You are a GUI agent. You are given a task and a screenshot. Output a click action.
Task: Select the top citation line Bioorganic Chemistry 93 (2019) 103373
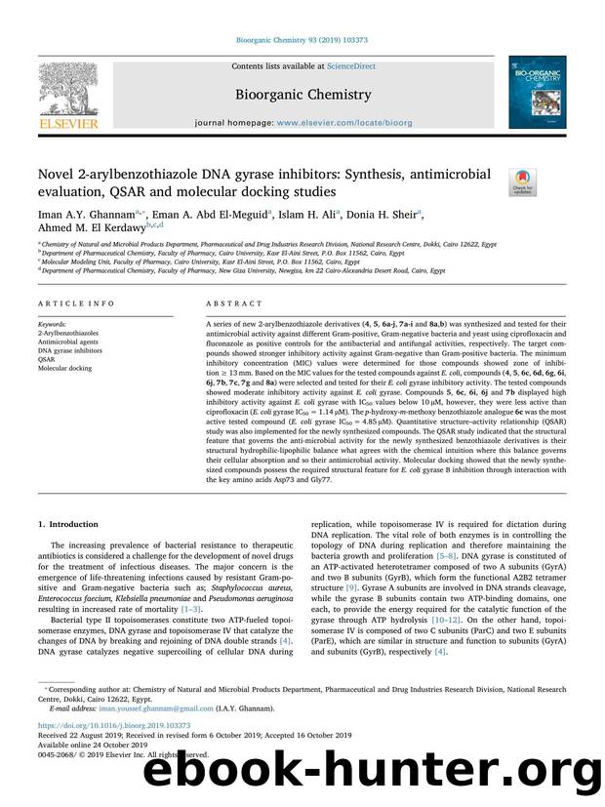302,39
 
